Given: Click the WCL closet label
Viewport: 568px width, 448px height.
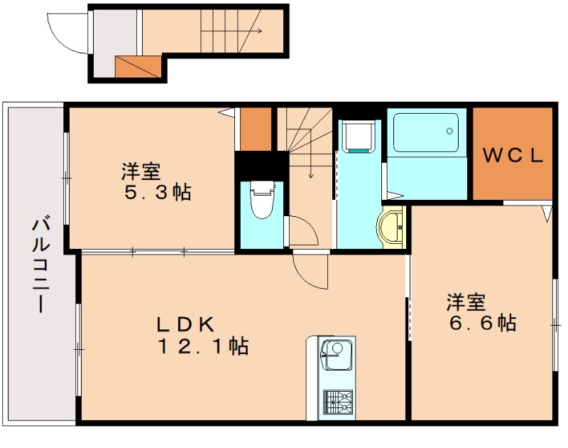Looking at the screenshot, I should [513, 155].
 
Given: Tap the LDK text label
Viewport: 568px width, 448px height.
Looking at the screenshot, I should [185, 324].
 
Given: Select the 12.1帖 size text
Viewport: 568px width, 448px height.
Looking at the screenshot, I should [202, 347].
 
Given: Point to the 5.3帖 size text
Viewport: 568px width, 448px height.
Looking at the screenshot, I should [158, 192].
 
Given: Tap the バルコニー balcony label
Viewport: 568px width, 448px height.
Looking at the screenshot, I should [38, 266].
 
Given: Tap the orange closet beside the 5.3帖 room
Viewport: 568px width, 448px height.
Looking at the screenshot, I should [256, 129].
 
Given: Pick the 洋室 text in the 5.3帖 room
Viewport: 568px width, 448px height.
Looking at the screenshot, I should [141, 171].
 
